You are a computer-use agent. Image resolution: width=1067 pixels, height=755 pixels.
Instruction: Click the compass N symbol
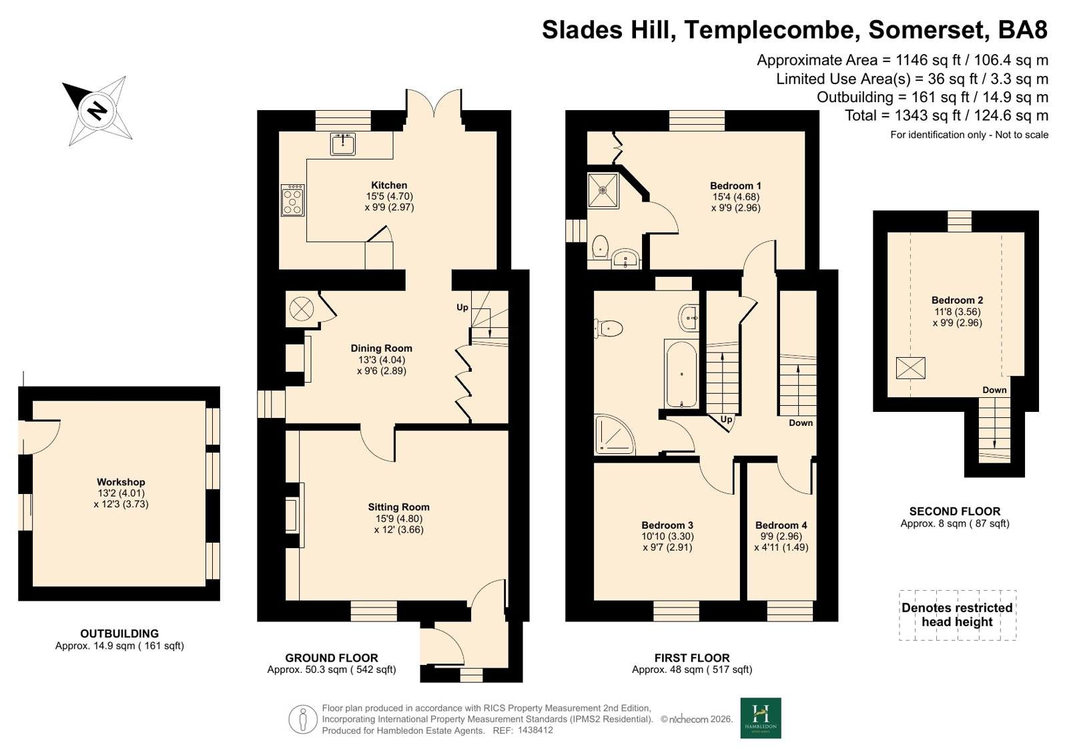97,111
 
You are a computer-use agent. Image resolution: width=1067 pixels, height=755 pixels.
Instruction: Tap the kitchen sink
342,144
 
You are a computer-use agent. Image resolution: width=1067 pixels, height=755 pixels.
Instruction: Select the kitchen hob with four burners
292,201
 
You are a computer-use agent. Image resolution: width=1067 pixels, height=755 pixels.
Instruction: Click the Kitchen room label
389,186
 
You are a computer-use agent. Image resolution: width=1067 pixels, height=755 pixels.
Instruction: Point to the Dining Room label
382,348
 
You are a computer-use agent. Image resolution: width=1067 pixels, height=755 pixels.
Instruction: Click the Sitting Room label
398,507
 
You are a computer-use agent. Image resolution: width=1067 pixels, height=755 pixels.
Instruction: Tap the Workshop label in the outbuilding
121,483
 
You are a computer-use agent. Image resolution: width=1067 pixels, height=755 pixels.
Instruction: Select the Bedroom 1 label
735,186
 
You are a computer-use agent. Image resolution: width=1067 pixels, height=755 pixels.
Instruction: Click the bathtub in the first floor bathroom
682,374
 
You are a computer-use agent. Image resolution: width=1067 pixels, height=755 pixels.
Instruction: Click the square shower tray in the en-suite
603,190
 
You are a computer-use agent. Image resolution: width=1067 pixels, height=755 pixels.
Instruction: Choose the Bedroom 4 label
781,525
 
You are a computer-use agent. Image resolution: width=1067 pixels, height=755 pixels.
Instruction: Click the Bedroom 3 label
667,525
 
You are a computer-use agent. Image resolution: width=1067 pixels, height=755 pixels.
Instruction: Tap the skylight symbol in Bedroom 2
910,368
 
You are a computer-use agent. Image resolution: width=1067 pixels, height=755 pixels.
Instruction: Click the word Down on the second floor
994,390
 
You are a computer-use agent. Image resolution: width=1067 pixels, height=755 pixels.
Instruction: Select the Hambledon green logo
761,718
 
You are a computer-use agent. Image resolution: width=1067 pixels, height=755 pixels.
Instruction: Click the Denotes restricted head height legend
958,615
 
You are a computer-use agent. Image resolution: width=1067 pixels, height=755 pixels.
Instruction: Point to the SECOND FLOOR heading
955,511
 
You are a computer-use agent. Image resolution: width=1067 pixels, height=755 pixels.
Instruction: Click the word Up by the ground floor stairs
462,308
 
